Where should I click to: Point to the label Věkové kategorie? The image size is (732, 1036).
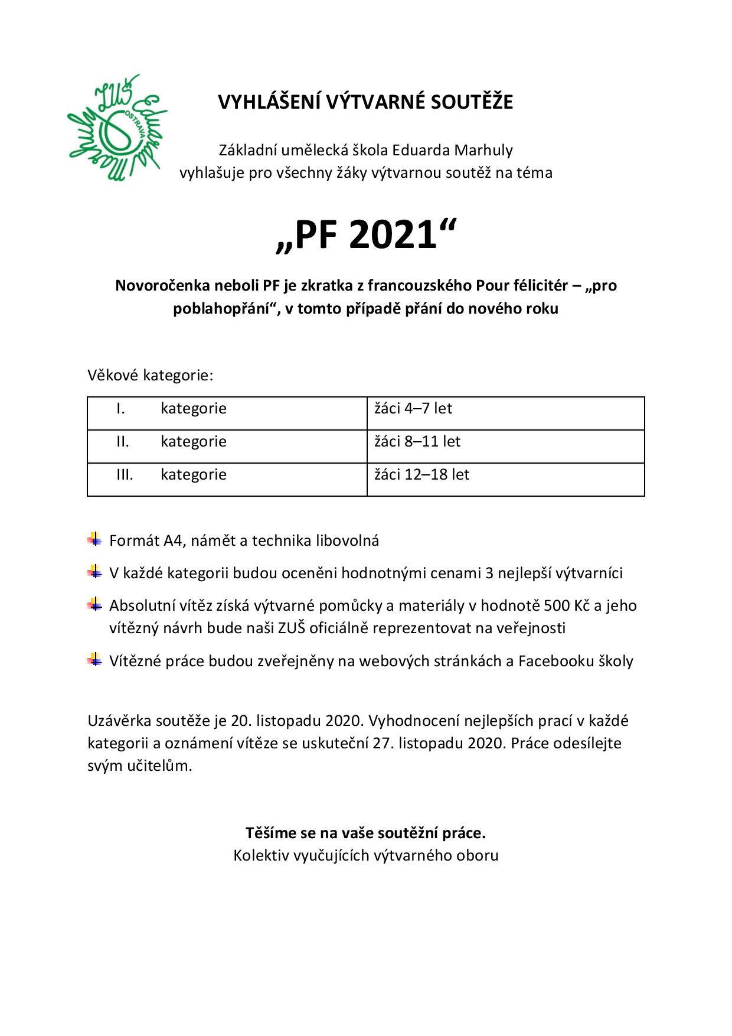coord(150,375)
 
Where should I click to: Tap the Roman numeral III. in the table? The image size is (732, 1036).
coord(125,475)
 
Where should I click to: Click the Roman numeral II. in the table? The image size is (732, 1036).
coord(122,442)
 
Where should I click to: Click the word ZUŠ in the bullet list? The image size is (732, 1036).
coord(292,628)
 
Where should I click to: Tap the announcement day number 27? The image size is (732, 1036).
coord(381,743)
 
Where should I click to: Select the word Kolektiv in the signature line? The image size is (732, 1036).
coord(260,855)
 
